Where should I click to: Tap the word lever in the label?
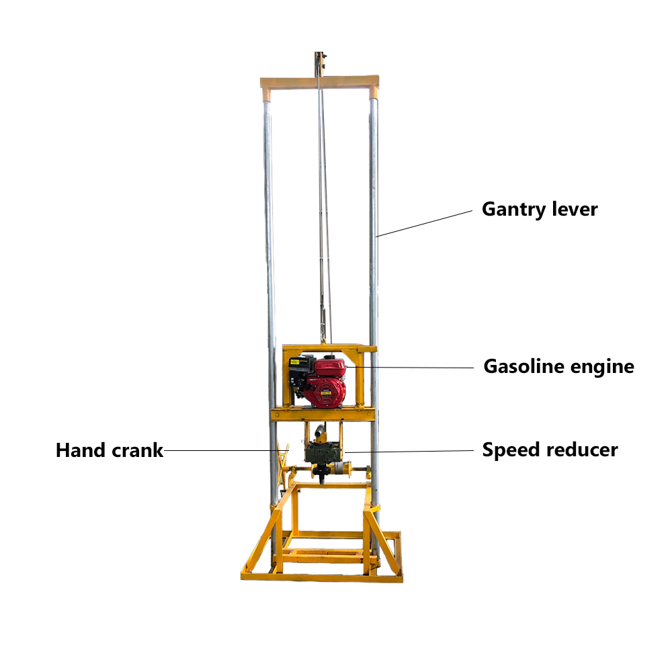tap(575, 209)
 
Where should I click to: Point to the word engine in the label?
tap(602, 368)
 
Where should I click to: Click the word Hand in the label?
tap(80, 450)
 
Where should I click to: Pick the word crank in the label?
tap(137, 451)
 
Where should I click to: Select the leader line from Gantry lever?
tap(424, 223)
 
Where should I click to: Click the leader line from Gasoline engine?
tap(409, 368)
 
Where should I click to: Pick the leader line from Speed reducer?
tap(409, 452)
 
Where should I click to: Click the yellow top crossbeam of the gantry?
tap(320, 82)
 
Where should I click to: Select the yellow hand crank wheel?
tap(282, 466)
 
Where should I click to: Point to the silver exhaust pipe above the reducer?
tap(320, 433)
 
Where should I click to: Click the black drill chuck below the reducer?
tap(321, 473)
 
